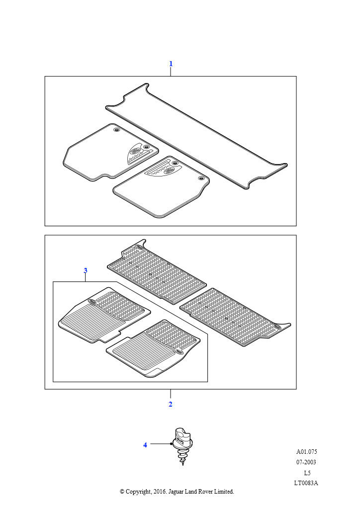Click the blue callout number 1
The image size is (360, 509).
coord(171,64)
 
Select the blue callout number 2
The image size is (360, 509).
coord(171,404)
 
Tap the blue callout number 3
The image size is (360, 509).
coord(86,270)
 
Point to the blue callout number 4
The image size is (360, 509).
coord(145,445)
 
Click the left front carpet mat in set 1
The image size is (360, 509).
coord(110,152)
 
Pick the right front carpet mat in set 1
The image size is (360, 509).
coord(161,186)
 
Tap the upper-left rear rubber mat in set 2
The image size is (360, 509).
coord(157,272)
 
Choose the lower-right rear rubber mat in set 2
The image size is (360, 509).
coord(235,317)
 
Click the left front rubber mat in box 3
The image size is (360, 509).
coord(104,315)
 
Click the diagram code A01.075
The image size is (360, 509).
coord(306,451)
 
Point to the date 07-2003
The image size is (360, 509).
coord(306,462)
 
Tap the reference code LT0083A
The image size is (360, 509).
coord(306,483)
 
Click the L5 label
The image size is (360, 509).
coord(307,473)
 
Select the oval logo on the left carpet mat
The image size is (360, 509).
coord(135,151)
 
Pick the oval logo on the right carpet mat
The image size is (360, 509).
coord(169,170)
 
